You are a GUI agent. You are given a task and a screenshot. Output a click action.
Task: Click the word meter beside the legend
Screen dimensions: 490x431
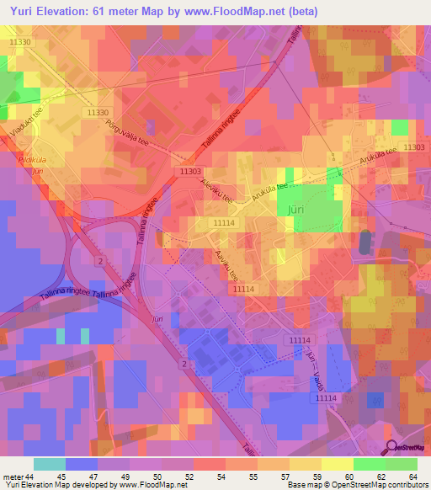coord(12,477)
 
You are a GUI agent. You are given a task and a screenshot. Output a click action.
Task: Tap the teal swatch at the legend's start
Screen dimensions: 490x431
coord(50,464)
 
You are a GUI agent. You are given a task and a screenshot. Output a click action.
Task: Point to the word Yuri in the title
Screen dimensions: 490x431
coord(19,9)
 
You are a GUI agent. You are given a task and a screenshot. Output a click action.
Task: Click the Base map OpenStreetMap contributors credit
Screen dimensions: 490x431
coord(354,486)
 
